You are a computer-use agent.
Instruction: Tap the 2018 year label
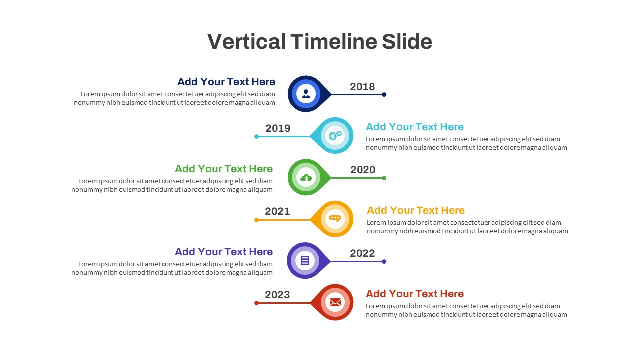[x=362, y=87]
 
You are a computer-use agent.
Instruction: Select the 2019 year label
[x=278, y=128]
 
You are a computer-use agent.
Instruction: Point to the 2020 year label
[x=363, y=170]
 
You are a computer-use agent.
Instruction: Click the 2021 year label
[x=277, y=211]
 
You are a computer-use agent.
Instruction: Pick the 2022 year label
[x=362, y=253]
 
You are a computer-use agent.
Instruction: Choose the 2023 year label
[x=277, y=295]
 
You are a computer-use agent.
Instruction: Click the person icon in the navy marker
[x=306, y=94]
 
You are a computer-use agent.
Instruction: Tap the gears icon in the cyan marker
[x=335, y=135]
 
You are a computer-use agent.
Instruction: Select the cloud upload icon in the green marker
[x=306, y=177]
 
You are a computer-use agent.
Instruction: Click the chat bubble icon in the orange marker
[x=335, y=219]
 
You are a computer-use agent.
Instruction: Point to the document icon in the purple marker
[x=305, y=260]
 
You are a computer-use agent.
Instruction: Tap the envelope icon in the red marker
[x=335, y=302]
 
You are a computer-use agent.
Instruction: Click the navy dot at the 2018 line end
[x=384, y=94]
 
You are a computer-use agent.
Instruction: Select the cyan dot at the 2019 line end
[x=257, y=136]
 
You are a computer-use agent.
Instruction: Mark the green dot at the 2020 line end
[x=384, y=178]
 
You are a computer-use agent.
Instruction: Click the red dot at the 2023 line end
[x=257, y=303]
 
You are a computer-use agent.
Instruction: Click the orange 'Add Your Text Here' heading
[x=416, y=210]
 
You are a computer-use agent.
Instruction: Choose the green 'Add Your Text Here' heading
[x=224, y=169]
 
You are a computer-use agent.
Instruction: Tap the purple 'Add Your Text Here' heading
[x=224, y=252]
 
